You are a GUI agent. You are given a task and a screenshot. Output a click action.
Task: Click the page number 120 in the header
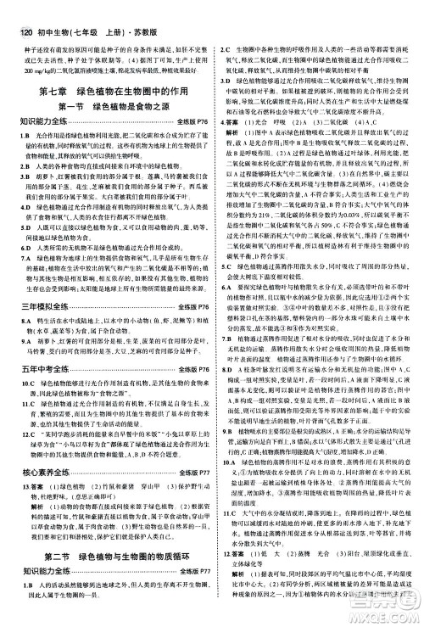click(14, 8)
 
